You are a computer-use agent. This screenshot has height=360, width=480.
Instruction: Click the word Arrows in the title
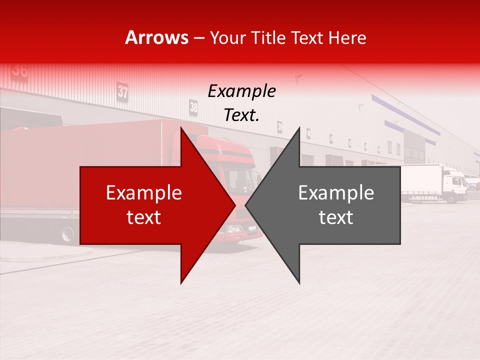[157, 38]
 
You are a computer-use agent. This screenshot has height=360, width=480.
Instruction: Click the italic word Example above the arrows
[241, 91]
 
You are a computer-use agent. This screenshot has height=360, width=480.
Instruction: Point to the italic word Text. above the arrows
[241, 115]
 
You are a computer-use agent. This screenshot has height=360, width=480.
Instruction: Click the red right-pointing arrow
[150, 205]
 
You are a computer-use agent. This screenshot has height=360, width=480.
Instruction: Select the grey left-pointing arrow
[330, 205]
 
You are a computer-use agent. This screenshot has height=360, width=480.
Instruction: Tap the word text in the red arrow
[144, 217]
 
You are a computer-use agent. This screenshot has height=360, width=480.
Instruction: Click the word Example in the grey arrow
[336, 193]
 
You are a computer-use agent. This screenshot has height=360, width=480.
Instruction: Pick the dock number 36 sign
[20, 70]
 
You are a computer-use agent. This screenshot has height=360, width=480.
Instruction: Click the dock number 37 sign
[122, 91]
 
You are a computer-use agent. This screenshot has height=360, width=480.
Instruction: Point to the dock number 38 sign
[193, 106]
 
